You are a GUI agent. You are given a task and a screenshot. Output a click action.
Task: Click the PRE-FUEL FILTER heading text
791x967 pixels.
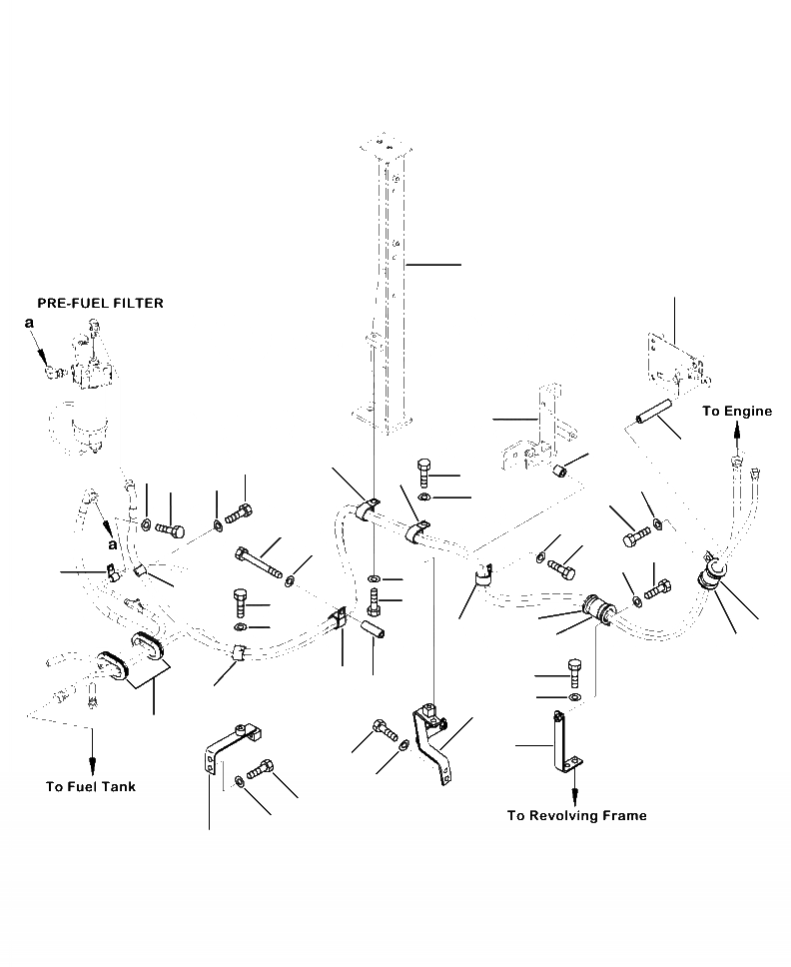[100, 303]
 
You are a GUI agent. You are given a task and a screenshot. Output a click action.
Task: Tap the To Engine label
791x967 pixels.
[737, 411]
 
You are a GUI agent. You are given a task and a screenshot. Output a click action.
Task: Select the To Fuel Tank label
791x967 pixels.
[91, 786]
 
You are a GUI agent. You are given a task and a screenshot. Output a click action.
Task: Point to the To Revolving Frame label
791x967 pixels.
[576, 816]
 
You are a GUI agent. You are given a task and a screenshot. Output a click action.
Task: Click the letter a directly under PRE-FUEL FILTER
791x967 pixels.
[30, 323]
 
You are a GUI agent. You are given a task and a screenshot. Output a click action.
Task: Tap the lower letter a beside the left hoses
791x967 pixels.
[113, 545]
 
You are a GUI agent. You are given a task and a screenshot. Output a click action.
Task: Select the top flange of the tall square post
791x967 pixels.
[383, 148]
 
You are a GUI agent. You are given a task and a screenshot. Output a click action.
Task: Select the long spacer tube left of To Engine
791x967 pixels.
[647, 411]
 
